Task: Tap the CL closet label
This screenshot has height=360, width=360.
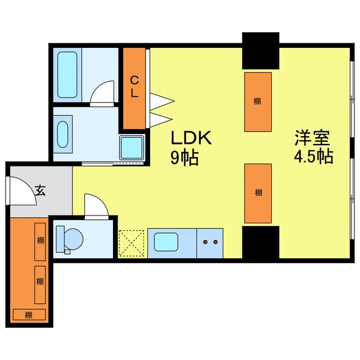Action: click(135, 88)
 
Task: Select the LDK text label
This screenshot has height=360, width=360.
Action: click(191, 138)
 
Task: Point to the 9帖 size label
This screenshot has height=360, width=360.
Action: click(184, 158)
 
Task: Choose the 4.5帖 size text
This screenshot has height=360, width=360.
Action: click(313, 156)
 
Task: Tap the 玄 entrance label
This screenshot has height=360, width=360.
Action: click(40, 190)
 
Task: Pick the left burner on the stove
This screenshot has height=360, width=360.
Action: click(205, 242)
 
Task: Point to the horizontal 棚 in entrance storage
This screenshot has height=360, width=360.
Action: click(28, 314)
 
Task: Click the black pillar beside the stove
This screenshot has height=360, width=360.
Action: click(260, 242)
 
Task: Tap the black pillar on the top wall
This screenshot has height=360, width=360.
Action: click(260, 50)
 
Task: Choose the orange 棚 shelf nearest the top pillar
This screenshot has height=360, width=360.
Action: click(258, 101)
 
